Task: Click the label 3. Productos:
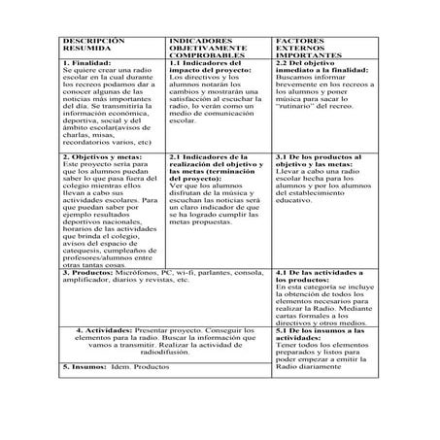coord(84,274)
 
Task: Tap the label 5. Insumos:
coord(82,367)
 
